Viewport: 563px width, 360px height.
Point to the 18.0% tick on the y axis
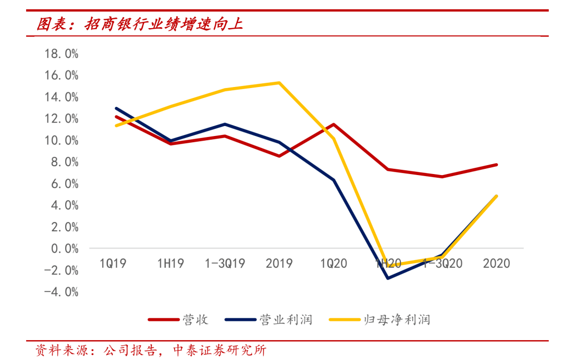(62, 54)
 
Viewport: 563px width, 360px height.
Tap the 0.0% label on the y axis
(65, 249)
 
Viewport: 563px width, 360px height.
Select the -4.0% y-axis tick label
(62, 292)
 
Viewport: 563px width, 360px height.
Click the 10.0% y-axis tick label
(62, 141)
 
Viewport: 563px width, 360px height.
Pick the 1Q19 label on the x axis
(114, 264)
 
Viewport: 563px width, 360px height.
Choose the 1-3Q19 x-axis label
(224, 264)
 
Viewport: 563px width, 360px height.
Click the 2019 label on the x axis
(279, 264)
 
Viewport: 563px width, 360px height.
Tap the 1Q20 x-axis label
(334, 264)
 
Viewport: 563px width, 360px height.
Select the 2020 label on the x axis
(496, 264)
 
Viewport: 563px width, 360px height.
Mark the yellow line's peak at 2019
(279, 83)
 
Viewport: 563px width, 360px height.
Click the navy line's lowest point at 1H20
(388, 278)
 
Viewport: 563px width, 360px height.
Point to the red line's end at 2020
(496, 165)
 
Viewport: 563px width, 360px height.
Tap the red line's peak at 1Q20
(334, 125)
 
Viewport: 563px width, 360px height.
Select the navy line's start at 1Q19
(116, 108)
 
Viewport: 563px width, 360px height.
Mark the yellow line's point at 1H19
(171, 107)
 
